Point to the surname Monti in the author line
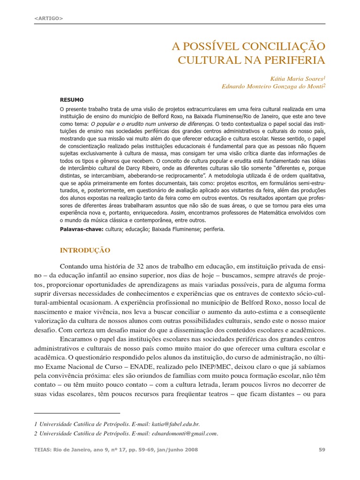314,86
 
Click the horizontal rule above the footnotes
77,413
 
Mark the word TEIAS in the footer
44,450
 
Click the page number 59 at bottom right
322,450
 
